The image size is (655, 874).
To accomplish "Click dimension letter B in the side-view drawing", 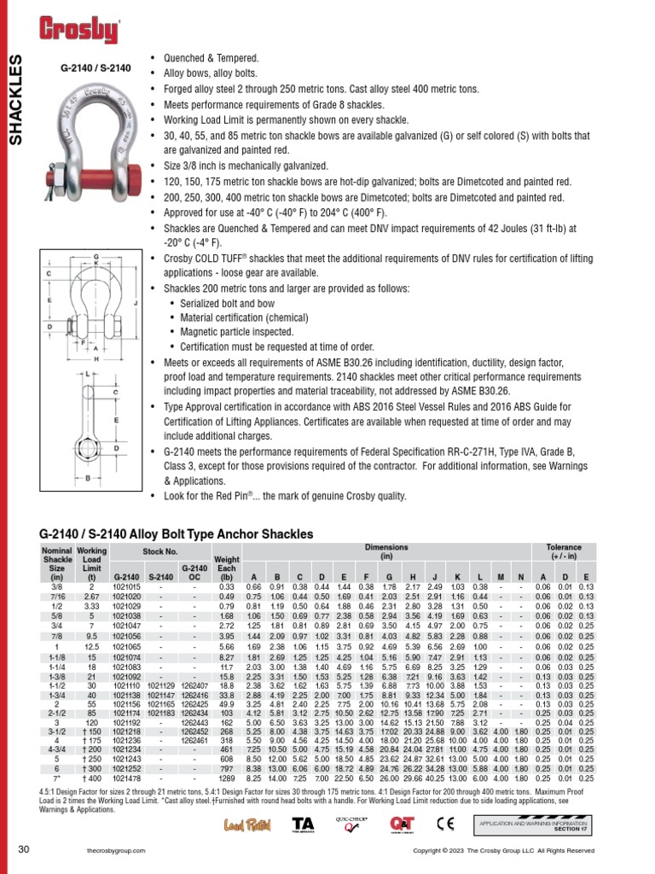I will (x=88, y=479).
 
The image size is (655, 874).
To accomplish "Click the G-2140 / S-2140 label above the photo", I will (x=96, y=66).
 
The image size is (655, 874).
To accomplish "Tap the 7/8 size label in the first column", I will (x=56, y=636).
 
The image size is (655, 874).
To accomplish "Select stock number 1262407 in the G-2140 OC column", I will (x=194, y=685).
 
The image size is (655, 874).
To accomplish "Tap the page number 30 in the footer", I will (x=24, y=850).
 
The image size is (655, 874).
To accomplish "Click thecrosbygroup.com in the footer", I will (x=113, y=851).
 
